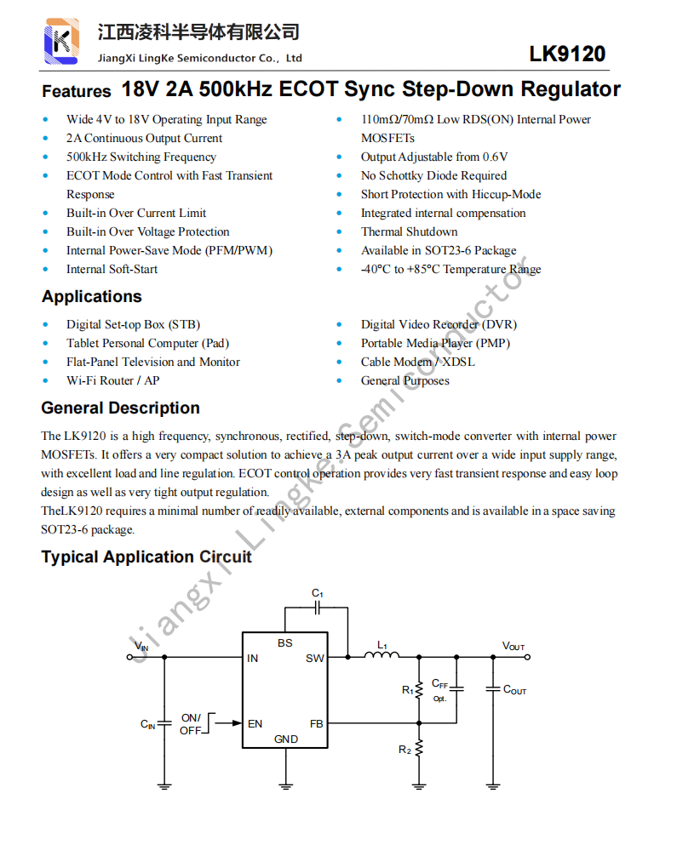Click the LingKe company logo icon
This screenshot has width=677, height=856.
[x=62, y=40]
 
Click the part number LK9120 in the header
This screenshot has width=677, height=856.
[x=567, y=54]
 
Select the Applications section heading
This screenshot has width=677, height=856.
[x=92, y=297]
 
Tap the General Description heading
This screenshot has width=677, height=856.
[x=120, y=408]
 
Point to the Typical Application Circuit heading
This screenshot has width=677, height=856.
[x=146, y=557]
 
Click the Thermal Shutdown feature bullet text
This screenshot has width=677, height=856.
[x=409, y=231]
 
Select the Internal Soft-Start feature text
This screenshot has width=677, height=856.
[x=112, y=269]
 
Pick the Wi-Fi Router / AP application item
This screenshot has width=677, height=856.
[x=112, y=380]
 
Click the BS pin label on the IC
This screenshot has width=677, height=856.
[x=285, y=643]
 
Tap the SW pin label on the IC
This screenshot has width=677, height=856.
[x=314, y=658]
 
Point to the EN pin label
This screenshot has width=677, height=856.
[x=255, y=724]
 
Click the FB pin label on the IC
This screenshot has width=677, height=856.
[x=316, y=724]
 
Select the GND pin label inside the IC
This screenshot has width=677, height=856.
[x=286, y=739]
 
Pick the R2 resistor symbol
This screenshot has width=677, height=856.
[x=418, y=750]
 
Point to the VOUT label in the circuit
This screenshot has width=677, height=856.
[x=513, y=647]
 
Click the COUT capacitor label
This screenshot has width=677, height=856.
[x=514, y=690]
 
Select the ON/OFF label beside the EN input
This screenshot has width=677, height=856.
[x=191, y=724]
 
